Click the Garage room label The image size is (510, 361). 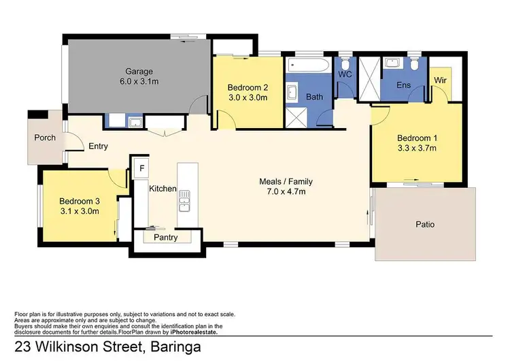point(138,71)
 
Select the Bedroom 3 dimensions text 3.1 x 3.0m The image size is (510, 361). point(79,211)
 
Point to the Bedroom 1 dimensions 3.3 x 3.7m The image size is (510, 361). point(417,148)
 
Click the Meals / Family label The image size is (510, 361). point(282,181)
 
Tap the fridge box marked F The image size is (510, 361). point(142,168)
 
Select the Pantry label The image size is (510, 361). point(165,238)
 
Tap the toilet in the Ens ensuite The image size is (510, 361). point(414,65)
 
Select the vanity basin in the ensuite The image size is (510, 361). point(392,63)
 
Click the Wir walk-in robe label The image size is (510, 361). point(441,80)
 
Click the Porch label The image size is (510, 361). point(45,138)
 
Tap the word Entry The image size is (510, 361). point(98,146)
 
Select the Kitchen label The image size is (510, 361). point(163,188)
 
